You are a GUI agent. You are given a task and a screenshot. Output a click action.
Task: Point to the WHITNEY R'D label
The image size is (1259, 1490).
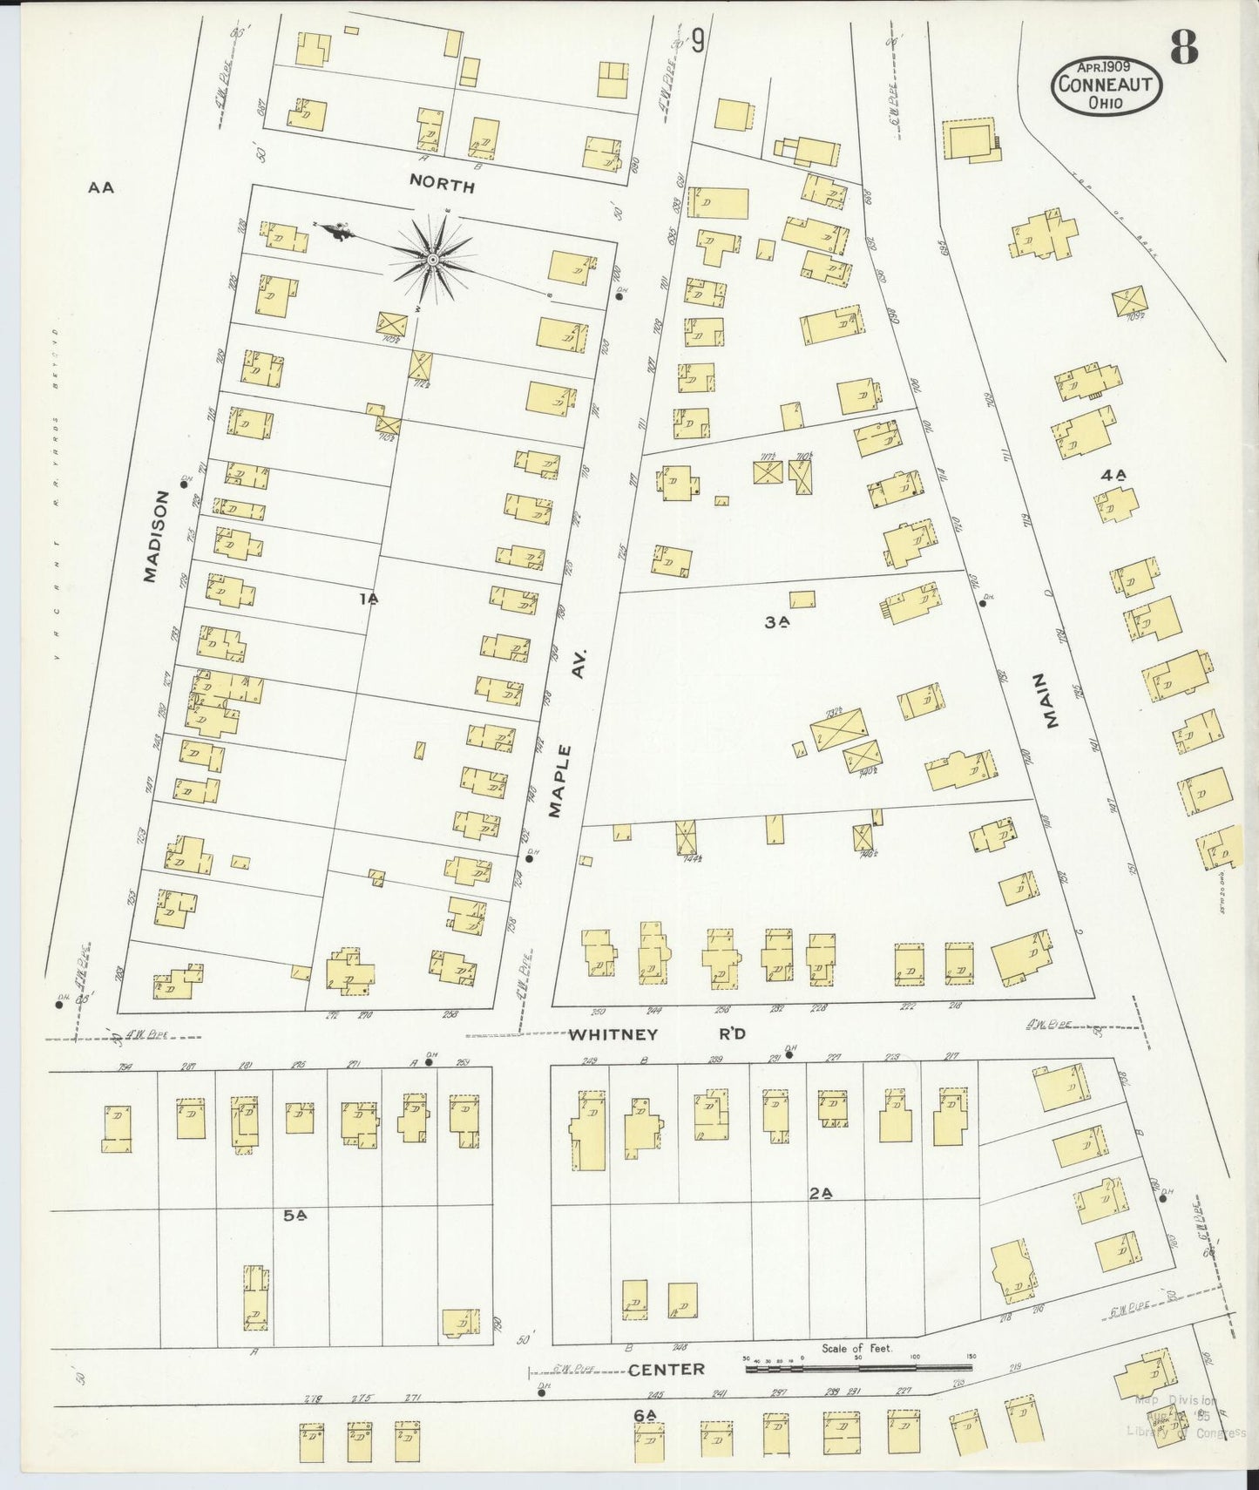[657, 1034]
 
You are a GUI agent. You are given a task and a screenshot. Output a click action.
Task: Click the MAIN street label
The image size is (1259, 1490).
[1049, 701]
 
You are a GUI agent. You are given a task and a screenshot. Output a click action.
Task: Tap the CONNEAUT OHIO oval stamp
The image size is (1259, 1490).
[1106, 87]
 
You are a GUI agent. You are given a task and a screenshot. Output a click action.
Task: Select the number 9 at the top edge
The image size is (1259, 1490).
[697, 40]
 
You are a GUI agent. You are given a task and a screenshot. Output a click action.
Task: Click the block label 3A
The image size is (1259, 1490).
[776, 622]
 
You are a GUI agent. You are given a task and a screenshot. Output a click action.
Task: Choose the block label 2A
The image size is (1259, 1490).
[820, 1194]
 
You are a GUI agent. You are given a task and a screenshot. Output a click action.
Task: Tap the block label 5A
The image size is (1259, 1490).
[295, 1215]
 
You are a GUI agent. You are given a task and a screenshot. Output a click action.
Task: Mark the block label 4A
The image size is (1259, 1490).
[1113, 476]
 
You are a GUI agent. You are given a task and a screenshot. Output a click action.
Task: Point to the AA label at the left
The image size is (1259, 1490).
[101, 186]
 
